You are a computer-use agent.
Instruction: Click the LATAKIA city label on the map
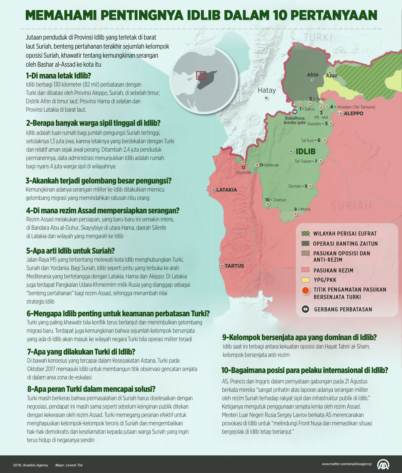tap(226, 190)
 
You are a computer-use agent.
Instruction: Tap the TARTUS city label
tap(234, 266)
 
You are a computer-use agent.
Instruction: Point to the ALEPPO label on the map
tap(353, 113)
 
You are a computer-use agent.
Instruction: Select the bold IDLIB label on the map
tap(306, 151)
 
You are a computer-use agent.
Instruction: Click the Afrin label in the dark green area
tap(313, 75)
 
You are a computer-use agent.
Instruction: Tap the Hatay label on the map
tap(267, 90)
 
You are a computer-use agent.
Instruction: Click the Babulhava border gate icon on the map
tap(295, 112)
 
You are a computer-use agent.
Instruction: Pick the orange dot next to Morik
tap(295, 214)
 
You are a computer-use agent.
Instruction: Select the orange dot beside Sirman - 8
tap(311, 186)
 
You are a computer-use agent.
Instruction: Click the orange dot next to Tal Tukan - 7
tap(321, 161)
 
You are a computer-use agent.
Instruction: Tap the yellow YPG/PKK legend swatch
tap(305, 280)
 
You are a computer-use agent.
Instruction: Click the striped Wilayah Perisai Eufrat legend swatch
tap(305, 233)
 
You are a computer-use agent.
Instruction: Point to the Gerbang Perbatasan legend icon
tap(305, 309)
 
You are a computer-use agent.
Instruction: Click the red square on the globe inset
tap(201, 75)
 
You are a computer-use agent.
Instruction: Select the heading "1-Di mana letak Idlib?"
tap(58, 75)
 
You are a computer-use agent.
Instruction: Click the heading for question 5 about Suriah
tap(70, 251)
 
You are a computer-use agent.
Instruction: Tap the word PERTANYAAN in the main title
tap(333, 15)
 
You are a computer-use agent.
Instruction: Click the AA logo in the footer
tap(383, 464)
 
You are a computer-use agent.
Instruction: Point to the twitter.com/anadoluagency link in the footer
tap(347, 464)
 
